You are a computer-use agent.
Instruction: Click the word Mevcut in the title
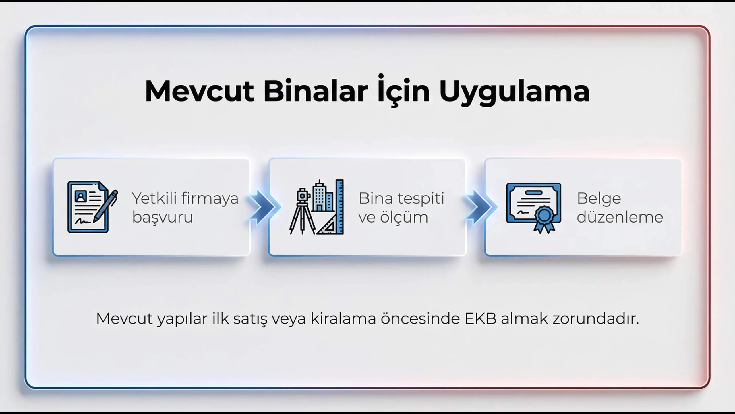click(200, 91)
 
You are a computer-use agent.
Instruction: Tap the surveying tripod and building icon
click(316, 207)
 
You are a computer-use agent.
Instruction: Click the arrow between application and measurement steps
click(264, 207)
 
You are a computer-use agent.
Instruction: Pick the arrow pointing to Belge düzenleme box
click(480, 207)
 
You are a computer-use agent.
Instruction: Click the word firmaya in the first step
click(210, 199)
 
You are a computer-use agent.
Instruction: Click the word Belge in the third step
click(599, 199)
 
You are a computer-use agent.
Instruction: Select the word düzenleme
click(620, 217)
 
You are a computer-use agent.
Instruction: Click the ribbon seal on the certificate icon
click(544, 220)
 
